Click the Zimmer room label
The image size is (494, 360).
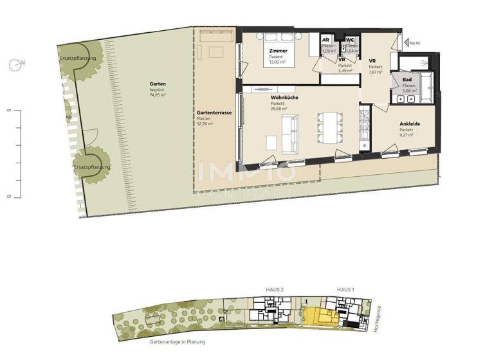coord(279,50)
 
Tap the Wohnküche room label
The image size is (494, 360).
coord(284,98)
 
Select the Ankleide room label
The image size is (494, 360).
coord(410,123)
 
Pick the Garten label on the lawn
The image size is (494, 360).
coord(158,84)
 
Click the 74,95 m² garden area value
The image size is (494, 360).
coord(158,95)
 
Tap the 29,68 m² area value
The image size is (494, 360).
coord(279,109)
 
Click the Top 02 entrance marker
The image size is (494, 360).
coord(412,42)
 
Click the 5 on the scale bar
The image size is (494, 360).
coord(9,110)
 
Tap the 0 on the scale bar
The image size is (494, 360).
coord(9,196)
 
